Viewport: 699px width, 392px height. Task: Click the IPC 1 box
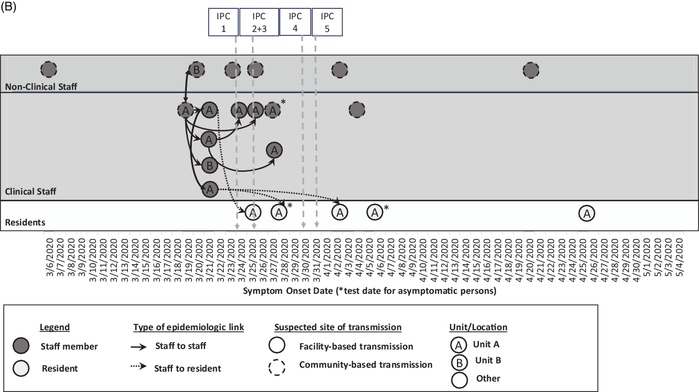coord(223,22)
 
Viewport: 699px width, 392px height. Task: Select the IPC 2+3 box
coord(259,22)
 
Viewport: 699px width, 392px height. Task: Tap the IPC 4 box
coord(295,22)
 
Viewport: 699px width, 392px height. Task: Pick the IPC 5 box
coord(327,22)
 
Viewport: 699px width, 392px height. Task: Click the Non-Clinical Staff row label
coord(41,87)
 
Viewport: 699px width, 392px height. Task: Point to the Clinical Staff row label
coord(30,191)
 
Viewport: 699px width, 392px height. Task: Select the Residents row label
coord(25,222)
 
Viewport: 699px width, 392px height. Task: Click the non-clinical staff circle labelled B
coord(197,69)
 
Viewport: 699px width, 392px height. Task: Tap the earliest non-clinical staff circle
coord(49,69)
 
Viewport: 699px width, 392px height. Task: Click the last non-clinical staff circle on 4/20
coord(531,70)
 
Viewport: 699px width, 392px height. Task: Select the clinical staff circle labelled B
coord(209,165)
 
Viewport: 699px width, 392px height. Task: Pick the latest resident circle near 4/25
coord(587,213)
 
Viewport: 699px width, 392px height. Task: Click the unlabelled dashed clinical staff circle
coord(357,110)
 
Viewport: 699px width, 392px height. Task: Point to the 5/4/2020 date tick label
coord(679,257)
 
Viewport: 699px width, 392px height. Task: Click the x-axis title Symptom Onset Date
coord(288,291)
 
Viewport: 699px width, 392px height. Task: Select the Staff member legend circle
coord(21,346)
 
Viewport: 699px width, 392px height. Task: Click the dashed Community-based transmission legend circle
coord(277,367)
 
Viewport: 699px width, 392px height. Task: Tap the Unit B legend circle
coord(459,363)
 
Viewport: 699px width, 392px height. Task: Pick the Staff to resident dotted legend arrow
coord(138,366)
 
